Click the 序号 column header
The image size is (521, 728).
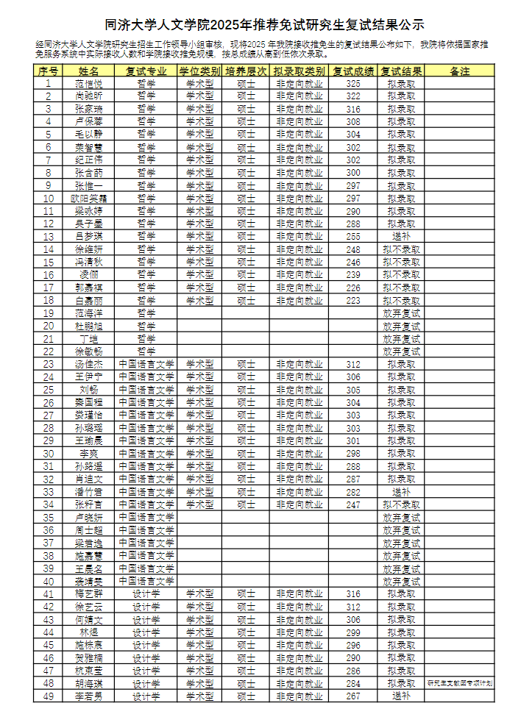coord(48,71)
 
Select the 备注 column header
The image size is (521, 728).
coord(459,71)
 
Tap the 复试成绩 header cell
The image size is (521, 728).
coord(353,71)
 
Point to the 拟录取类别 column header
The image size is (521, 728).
coord(300,71)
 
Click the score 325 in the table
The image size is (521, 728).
coord(353,84)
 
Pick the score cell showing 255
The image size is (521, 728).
coord(353,237)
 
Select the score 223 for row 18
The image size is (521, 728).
coord(353,301)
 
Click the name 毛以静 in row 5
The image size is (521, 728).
coord(89,135)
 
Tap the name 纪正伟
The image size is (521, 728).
coord(89,160)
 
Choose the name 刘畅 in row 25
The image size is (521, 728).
coord(89,390)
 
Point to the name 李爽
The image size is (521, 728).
coord(89,454)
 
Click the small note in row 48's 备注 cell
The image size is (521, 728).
coord(459,683)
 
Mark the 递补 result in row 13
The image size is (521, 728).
coord(401,237)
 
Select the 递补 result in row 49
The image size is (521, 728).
coord(401,696)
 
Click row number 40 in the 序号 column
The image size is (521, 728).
coord(48,581)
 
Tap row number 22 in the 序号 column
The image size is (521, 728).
coord(48,351)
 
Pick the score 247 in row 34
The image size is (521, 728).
coord(353,504)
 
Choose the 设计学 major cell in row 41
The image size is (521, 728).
coord(146,594)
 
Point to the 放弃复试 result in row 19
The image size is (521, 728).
coord(401,313)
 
